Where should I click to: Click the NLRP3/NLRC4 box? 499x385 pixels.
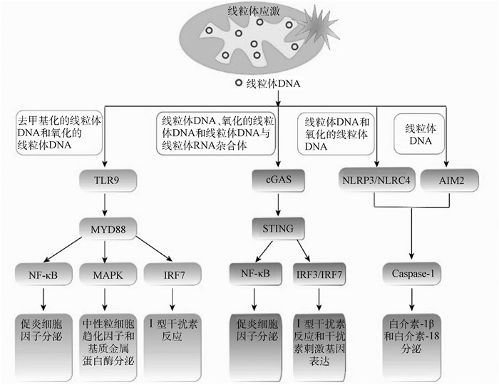pos(376,180)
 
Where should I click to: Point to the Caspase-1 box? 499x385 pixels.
pos(411,273)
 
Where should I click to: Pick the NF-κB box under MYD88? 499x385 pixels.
pos(42,273)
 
